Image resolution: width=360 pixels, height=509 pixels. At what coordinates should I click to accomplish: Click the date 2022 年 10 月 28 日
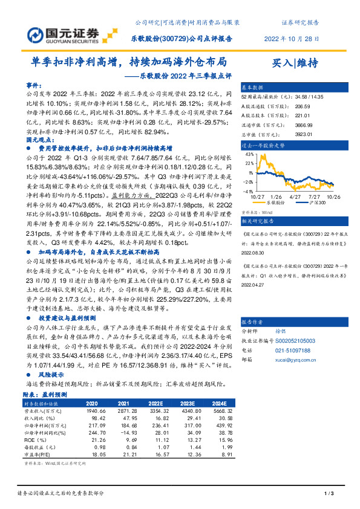(292, 38)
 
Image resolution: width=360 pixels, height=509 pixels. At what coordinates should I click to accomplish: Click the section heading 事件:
(36, 85)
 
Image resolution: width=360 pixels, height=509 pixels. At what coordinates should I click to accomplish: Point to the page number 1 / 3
(329, 495)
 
